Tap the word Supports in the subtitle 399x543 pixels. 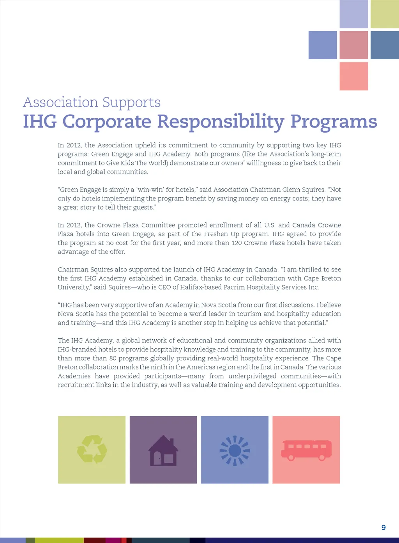click(x=131, y=102)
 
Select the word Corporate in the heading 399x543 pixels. click(x=107, y=121)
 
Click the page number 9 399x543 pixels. click(x=383, y=527)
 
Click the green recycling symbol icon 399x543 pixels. click(x=92, y=449)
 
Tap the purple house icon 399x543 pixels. click(x=163, y=451)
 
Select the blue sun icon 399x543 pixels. click(x=235, y=450)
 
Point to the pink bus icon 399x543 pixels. click(x=306, y=450)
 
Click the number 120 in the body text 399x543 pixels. click(x=237, y=243)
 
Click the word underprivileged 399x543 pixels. click(x=252, y=376)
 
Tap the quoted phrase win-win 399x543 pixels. click(x=149, y=190)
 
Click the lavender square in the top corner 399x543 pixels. click(x=354, y=14)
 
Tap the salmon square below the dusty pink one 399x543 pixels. click(x=354, y=76)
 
